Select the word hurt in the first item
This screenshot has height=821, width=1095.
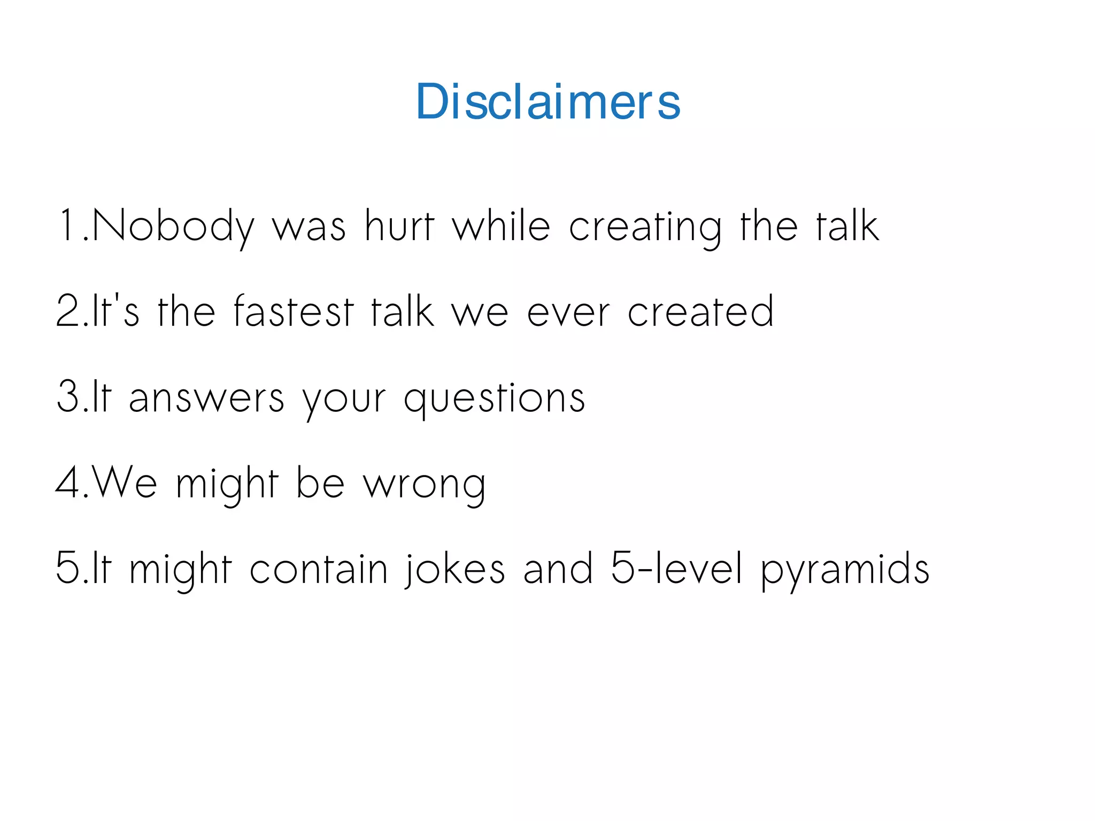pyautogui.click(x=399, y=226)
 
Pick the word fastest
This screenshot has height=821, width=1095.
pyautogui.click(x=294, y=311)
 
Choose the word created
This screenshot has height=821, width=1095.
pyautogui.click(x=700, y=311)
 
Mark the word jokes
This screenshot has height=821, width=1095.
pyautogui.click(x=454, y=569)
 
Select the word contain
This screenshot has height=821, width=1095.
pyautogui.click(x=319, y=569)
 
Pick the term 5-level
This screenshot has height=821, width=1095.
pyautogui.click(x=676, y=568)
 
